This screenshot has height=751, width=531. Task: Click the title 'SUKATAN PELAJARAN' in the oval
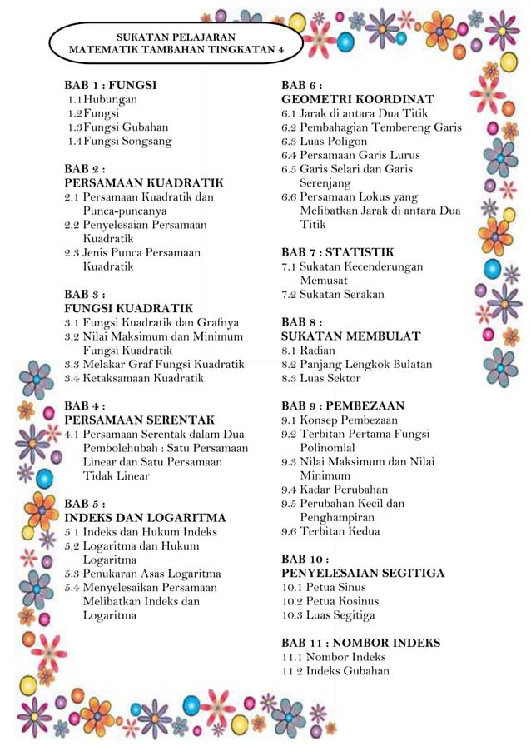175,37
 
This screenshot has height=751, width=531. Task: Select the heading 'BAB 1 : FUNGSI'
111,85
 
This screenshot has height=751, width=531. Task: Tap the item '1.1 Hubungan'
103,99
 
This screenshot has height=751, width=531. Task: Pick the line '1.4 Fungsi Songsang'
120,141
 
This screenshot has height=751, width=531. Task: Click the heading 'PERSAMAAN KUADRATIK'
144,182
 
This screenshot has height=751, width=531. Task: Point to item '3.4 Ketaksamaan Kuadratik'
134,378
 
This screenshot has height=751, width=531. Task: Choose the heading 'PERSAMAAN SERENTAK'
139,420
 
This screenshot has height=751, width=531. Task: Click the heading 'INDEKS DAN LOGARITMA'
145,518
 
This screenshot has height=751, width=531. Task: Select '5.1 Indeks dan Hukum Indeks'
141,532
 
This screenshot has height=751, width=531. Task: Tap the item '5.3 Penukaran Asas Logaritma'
142,574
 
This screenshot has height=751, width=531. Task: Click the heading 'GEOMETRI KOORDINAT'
357,99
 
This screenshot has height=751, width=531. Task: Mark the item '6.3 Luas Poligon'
324,141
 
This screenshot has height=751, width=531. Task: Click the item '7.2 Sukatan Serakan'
332,294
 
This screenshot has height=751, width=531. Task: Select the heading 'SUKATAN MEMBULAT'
350,336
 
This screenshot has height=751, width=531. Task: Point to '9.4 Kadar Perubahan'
334,490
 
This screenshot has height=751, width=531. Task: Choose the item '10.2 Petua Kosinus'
330,601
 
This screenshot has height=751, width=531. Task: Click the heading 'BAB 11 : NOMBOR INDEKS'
360,643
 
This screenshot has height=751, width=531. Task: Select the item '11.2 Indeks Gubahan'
335,671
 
